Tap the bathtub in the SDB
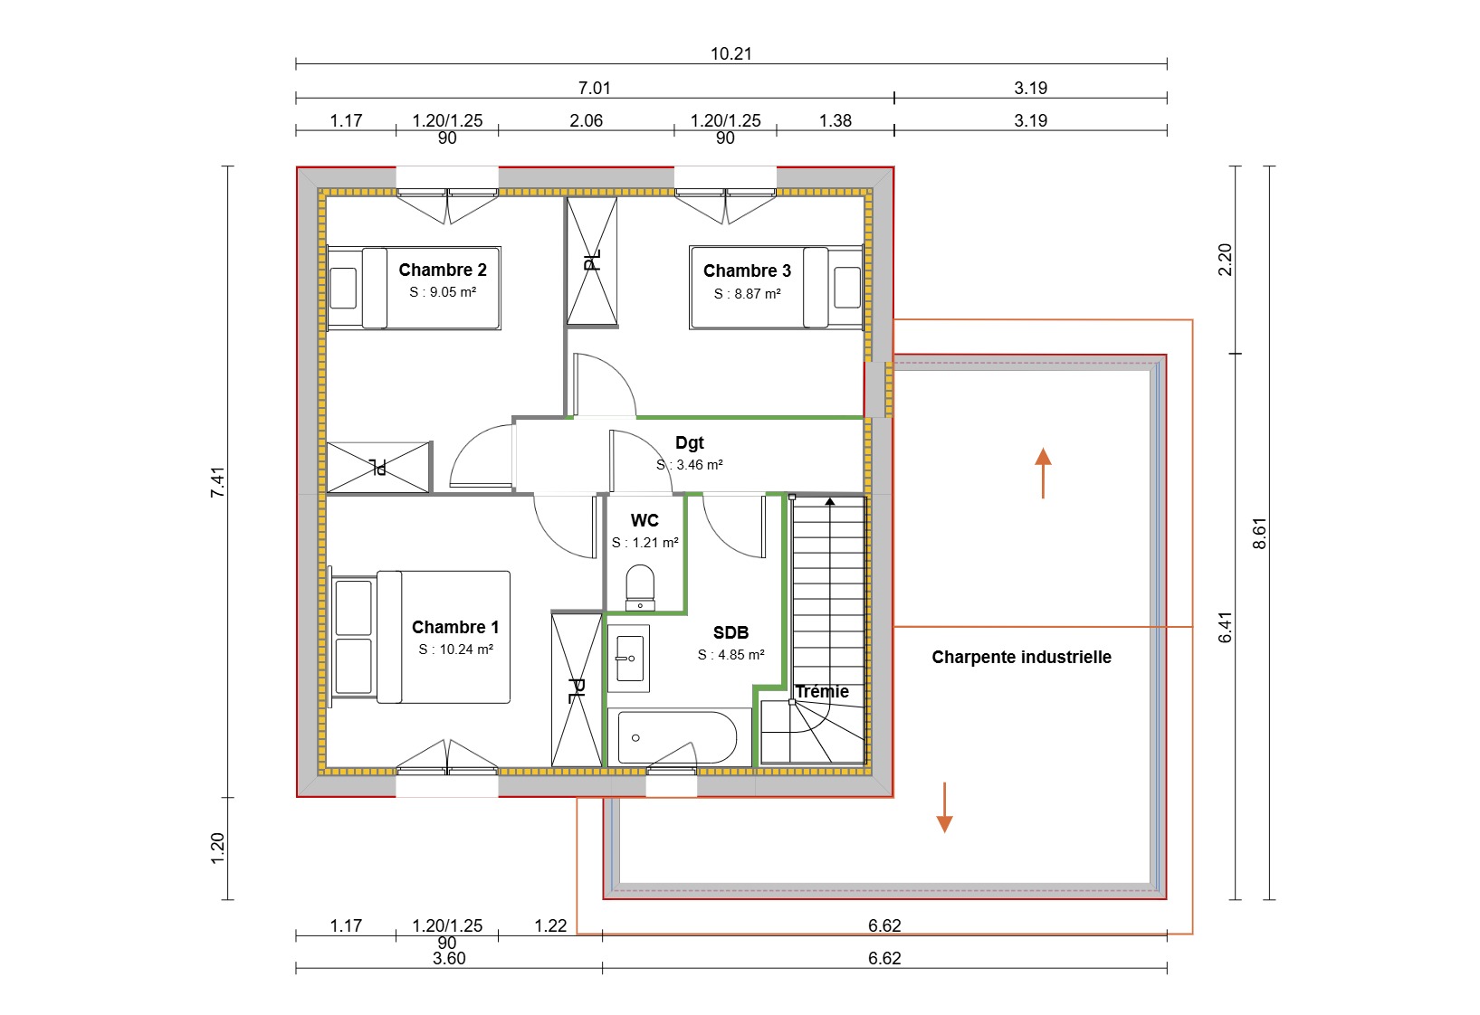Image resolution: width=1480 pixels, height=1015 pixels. (x=678, y=738)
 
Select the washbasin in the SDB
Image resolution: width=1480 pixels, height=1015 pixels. (x=629, y=658)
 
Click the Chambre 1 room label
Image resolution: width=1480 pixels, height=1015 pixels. (x=455, y=627)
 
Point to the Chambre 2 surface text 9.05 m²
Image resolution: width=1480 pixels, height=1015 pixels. (x=443, y=292)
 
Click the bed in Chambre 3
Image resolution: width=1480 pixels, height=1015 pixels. (x=777, y=288)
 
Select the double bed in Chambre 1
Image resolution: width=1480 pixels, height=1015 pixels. (x=422, y=637)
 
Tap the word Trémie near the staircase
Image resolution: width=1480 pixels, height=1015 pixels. (x=822, y=692)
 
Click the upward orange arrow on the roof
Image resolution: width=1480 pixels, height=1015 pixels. (x=1043, y=472)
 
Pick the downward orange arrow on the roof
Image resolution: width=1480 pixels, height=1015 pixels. (x=944, y=807)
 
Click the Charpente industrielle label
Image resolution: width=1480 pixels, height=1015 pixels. (x=1021, y=658)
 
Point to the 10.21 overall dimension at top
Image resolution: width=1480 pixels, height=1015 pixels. (x=730, y=53)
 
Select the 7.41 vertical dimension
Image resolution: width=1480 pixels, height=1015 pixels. (x=217, y=481)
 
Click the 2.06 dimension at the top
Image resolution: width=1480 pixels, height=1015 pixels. (x=586, y=120)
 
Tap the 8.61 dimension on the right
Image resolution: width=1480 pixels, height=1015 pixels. (x=1259, y=533)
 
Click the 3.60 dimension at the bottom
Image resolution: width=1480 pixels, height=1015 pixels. (x=449, y=958)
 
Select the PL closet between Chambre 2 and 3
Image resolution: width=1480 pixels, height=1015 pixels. (x=592, y=261)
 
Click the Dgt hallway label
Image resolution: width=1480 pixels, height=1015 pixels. (x=689, y=442)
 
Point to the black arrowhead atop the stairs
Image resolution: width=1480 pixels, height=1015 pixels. (x=830, y=500)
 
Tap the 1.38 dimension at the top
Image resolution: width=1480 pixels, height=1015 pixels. (x=835, y=120)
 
